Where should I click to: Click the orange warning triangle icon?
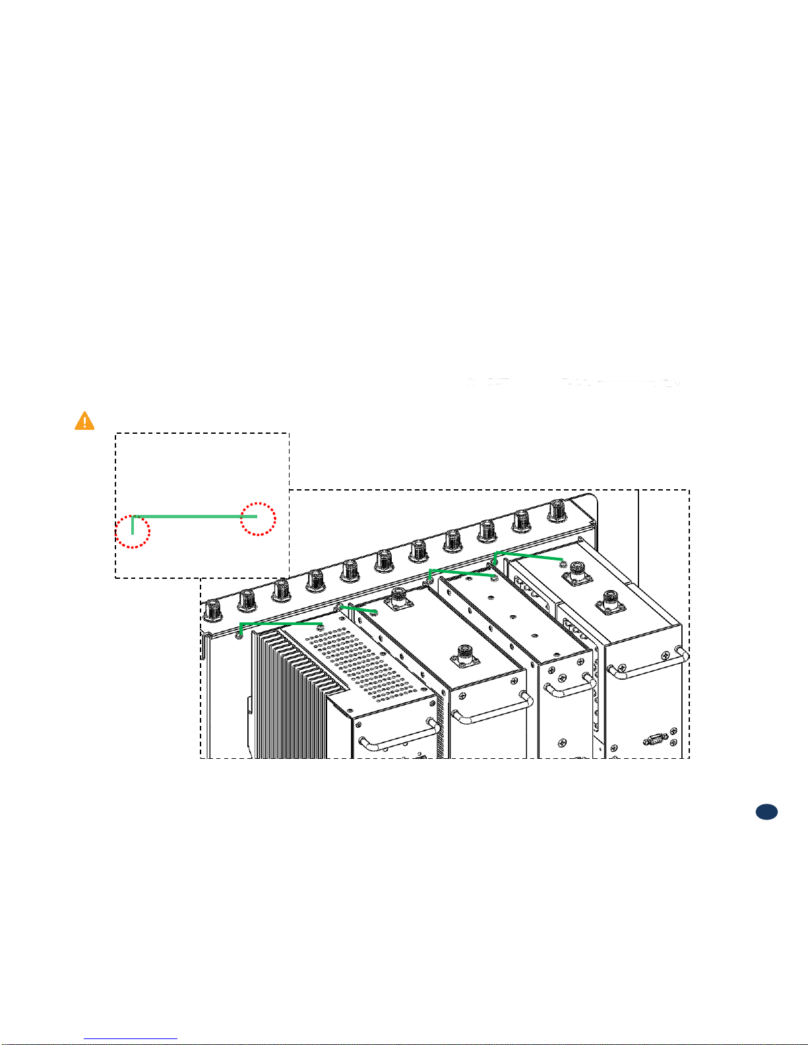(x=84, y=421)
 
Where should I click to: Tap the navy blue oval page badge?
(x=766, y=812)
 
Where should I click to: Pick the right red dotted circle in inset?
(x=258, y=518)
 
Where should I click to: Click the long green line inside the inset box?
(x=195, y=517)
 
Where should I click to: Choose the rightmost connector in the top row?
(x=557, y=510)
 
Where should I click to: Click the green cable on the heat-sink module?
(x=280, y=622)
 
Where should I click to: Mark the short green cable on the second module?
(x=359, y=609)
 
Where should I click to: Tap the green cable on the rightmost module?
(x=528, y=555)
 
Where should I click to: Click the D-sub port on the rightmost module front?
(x=654, y=739)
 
